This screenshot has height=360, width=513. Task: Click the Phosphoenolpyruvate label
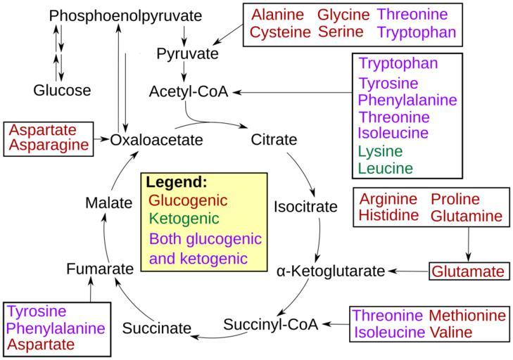126,15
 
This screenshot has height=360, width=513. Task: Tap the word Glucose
62,90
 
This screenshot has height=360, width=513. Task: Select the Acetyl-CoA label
189,92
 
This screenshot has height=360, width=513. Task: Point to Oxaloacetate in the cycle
156,140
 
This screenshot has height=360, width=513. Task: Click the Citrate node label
274,139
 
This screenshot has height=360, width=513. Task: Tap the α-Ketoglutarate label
331,271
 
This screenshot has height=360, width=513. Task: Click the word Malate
108,203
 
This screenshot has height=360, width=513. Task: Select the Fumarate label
100,269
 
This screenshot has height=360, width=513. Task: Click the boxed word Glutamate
468,271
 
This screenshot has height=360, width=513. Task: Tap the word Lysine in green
380,151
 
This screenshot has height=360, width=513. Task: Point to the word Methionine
467,316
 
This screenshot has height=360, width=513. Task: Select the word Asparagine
49,145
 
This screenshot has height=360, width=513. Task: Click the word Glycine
343,15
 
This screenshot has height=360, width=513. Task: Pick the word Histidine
388,215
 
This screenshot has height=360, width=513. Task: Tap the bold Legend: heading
177,181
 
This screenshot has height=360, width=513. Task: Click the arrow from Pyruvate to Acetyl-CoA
184,72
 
